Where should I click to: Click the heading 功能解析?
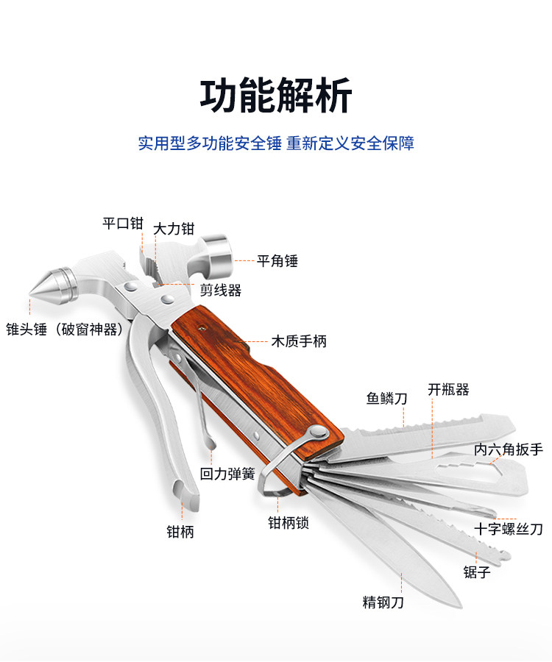(276, 96)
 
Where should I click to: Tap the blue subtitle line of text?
(276, 143)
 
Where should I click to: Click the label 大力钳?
(173, 229)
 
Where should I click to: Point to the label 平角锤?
(277, 260)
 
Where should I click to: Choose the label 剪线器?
(221, 291)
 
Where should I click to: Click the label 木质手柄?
(299, 341)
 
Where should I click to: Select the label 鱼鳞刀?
(387, 399)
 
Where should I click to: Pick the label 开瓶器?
(449, 390)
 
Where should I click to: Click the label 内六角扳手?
(509, 449)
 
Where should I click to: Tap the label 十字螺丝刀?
(509, 529)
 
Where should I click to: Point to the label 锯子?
(476, 572)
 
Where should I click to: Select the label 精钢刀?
(383, 602)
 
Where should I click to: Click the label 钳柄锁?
(288, 523)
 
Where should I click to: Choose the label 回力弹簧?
(227, 474)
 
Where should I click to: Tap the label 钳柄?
(180, 532)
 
